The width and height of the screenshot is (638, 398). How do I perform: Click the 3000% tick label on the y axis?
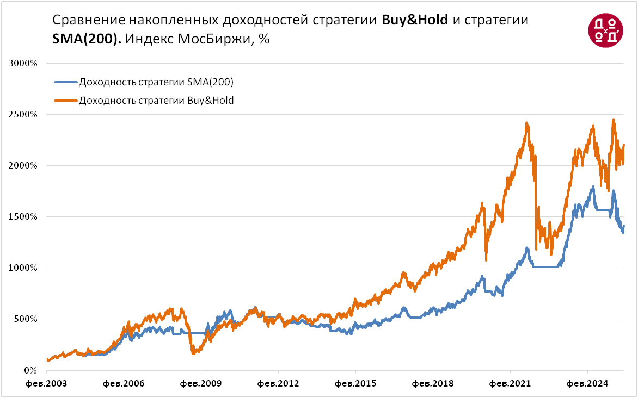tap(23, 63)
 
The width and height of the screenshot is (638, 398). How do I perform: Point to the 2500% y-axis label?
tap(23, 115)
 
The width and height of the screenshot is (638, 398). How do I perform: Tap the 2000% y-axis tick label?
tap(23, 166)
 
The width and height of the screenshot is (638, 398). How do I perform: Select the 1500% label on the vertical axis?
tap(23, 217)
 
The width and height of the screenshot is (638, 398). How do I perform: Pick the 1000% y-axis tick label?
tap(23, 268)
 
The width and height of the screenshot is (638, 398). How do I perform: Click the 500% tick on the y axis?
tap(25, 319)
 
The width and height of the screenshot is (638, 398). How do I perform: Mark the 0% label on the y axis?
tap(29, 370)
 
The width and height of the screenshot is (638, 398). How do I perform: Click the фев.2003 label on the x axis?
tap(46, 383)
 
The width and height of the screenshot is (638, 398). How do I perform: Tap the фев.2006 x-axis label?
tap(123, 383)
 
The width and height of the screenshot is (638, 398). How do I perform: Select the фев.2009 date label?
tap(200, 383)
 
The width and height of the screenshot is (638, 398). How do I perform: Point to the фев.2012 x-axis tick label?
tap(278, 383)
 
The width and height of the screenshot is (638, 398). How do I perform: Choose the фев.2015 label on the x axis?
tap(355, 383)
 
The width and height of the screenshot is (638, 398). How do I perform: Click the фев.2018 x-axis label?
tap(432, 383)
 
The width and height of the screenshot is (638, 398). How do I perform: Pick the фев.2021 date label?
tap(510, 383)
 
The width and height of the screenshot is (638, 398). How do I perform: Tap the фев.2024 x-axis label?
tap(587, 383)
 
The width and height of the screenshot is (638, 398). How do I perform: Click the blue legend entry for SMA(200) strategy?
tap(156, 83)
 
